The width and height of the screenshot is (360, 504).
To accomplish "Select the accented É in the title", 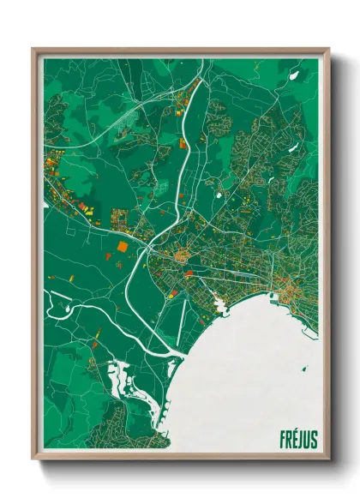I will click(294, 439).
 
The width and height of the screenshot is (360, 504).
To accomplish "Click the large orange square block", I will click(122, 245).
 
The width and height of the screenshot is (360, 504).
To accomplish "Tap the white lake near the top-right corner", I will click(294, 75).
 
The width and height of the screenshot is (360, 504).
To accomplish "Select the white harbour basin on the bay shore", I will click(220, 303).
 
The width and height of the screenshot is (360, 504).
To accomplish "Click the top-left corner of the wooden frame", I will click(33, 50).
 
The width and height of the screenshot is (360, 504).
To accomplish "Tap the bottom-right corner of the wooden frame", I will click(328, 458).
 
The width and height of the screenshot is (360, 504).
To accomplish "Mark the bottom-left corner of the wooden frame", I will click(33, 458).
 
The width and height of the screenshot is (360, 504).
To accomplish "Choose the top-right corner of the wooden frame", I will click(328, 50).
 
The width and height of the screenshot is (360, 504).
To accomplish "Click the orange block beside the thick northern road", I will click(183, 143).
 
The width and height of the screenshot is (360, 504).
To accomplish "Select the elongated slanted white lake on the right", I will click(276, 178).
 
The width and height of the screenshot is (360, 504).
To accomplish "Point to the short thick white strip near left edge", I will click(45, 206).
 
